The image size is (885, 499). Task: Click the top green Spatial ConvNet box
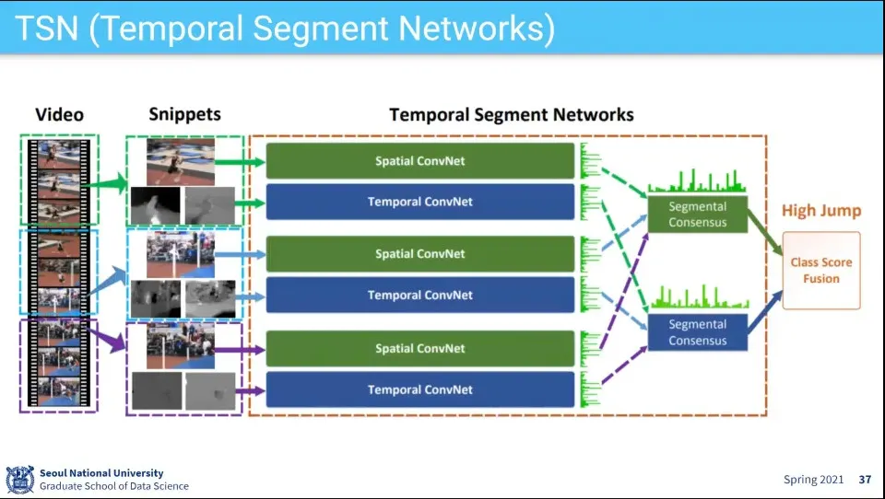pyautogui.click(x=419, y=161)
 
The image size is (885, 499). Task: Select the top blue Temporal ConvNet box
pyautogui.click(x=419, y=202)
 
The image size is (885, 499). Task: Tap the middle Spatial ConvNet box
pyautogui.click(x=419, y=254)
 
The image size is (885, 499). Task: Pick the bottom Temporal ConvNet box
pyautogui.click(x=419, y=389)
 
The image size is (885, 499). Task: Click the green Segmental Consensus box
pyautogui.click(x=697, y=215)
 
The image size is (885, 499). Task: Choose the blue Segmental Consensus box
pyautogui.click(x=697, y=332)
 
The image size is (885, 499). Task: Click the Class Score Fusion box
pyautogui.click(x=820, y=270)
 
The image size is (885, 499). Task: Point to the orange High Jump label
pyautogui.click(x=820, y=211)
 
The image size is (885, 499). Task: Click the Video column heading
pyautogui.click(x=59, y=115)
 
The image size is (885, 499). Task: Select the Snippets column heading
pyautogui.click(x=184, y=114)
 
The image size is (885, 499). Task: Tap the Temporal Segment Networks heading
pyautogui.click(x=511, y=115)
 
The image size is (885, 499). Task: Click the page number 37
pyautogui.click(x=864, y=480)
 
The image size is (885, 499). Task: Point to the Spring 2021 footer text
pyautogui.click(x=813, y=480)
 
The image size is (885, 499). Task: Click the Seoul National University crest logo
pyautogui.click(x=19, y=479)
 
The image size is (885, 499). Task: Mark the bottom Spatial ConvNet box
pyautogui.click(x=419, y=349)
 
